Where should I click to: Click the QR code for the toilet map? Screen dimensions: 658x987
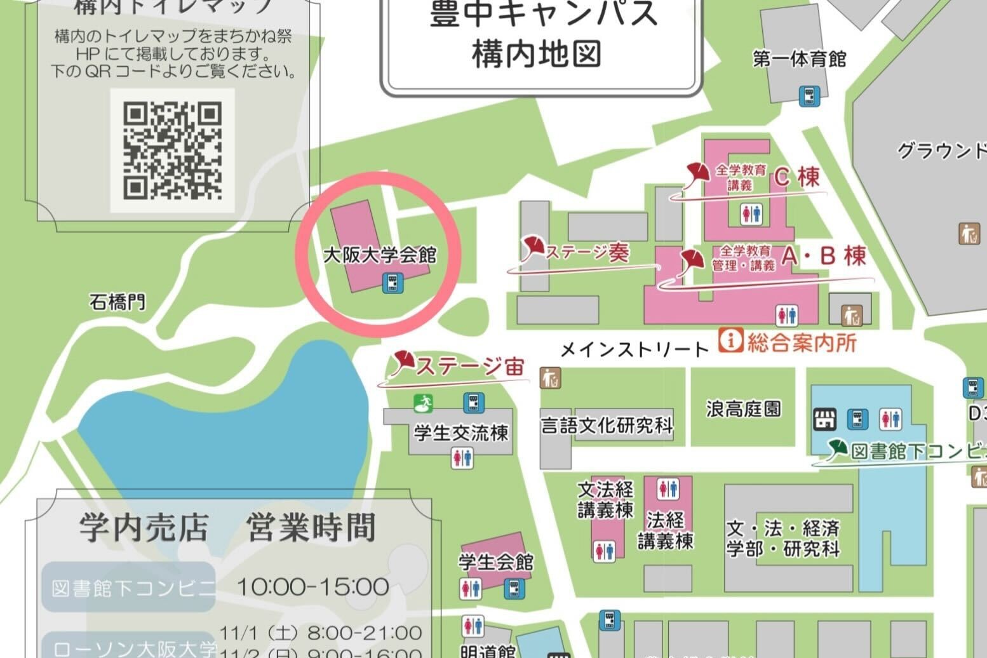[172, 150]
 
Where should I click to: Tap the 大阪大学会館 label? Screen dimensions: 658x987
[380, 255]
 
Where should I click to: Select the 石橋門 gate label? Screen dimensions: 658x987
[117, 302]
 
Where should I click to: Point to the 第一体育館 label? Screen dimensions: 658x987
[800, 60]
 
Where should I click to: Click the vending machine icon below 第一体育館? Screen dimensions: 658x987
[809, 96]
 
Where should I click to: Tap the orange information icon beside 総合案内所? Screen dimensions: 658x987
[730, 340]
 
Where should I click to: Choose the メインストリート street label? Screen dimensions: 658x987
[634, 349]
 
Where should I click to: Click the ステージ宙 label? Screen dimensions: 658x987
[470, 366]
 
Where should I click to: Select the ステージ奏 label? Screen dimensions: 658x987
[587, 253]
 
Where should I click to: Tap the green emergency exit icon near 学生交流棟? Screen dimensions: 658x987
[424, 402]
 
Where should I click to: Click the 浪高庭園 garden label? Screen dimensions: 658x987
[743, 409]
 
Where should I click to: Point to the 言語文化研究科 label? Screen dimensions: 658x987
[607, 425]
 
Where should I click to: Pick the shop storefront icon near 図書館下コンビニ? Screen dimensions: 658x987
[825, 419]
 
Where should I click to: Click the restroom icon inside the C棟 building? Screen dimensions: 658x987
[751, 214]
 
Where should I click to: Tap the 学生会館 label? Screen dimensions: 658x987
[496, 562]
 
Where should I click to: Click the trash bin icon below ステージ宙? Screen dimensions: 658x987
[550, 378]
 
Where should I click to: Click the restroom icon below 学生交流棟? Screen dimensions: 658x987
[462, 458]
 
